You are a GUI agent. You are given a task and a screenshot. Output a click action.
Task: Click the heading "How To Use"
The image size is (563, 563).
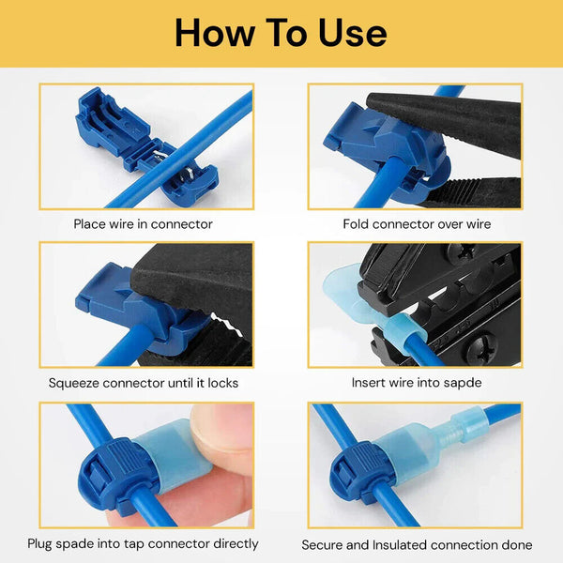(281, 33)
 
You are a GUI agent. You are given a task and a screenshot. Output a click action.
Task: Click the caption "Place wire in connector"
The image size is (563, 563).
(144, 224)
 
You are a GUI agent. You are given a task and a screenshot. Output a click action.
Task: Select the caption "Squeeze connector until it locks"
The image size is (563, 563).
(144, 383)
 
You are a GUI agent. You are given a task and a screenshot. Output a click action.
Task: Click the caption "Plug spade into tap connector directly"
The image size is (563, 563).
(144, 543)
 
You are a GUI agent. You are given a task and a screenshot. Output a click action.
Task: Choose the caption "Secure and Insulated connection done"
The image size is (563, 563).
(417, 544)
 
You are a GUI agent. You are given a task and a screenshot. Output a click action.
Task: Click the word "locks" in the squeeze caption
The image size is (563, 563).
(220, 383)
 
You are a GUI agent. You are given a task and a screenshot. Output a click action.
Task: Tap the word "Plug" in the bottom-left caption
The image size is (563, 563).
(43, 543)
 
